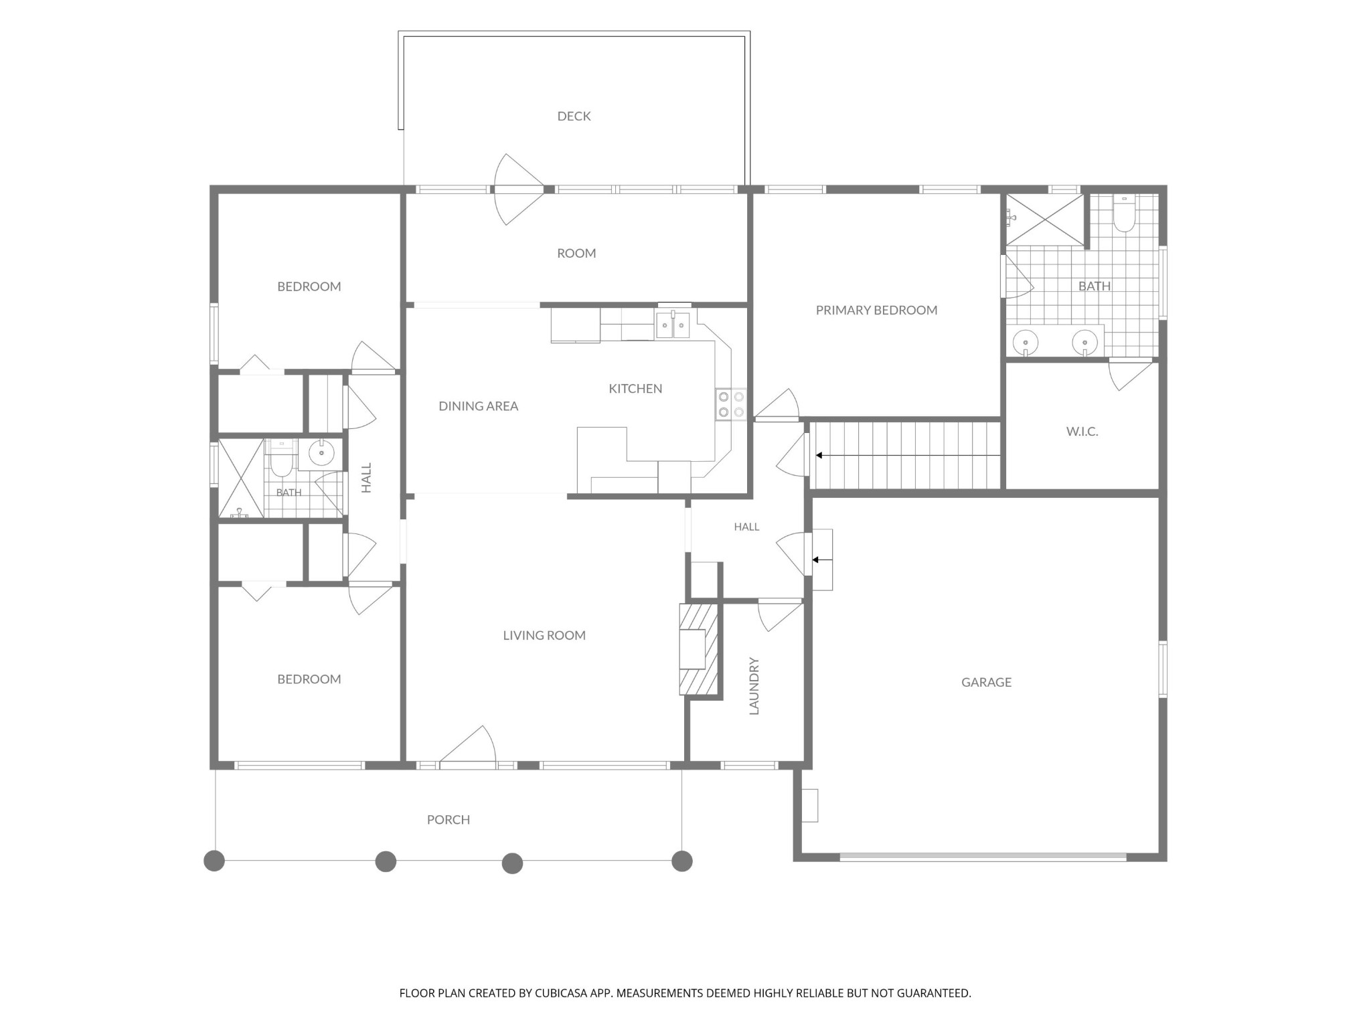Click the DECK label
[x=574, y=116]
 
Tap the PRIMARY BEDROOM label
[x=876, y=311]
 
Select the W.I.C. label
[x=1082, y=432]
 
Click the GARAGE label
[x=986, y=683]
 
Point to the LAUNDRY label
[x=754, y=686]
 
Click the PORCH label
[x=449, y=820]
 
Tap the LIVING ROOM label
[x=544, y=636]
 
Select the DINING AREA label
[x=478, y=406]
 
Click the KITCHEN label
[x=635, y=389]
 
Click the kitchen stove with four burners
[x=730, y=404]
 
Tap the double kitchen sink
[x=673, y=325]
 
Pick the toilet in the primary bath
[x=1124, y=214]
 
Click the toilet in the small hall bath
[x=281, y=458]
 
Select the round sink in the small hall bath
[x=321, y=454]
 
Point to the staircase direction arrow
[x=908, y=456]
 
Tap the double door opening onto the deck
[x=518, y=189]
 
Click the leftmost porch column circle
[x=214, y=861]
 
